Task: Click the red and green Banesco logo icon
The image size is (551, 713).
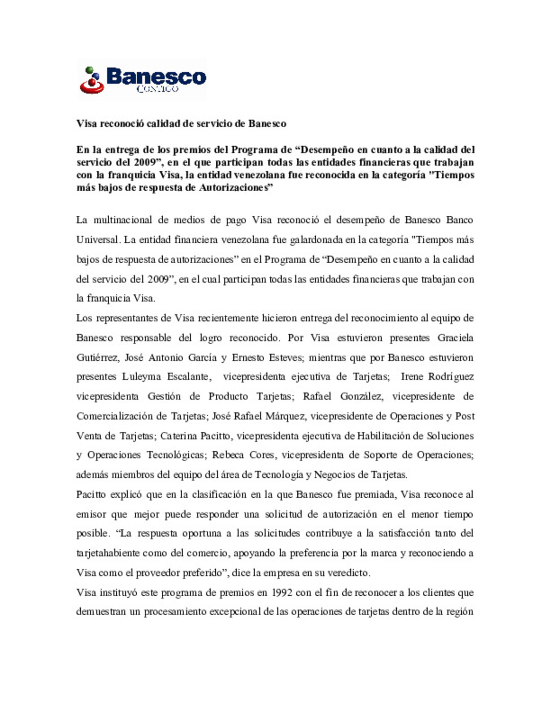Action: coord(92,80)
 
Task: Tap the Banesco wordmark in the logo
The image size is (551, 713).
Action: coord(156,77)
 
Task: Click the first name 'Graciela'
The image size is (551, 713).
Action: coord(455,338)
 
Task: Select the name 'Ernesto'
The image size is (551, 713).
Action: coord(247,358)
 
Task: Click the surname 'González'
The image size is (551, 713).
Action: coord(362,396)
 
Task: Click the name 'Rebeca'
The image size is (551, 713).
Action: coord(228,455)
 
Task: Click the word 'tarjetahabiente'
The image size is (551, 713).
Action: coord(108,553)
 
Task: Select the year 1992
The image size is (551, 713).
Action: coord(282,593)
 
